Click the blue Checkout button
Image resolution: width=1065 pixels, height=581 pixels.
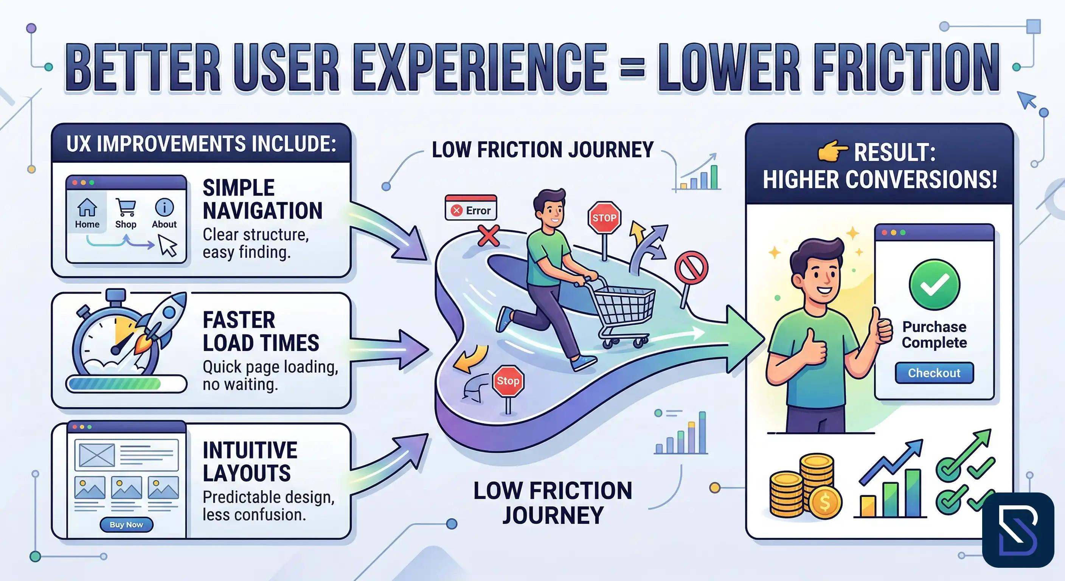(934, 373)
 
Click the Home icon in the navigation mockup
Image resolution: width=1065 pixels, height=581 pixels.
(87, 208)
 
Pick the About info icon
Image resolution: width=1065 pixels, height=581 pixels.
(164, 207)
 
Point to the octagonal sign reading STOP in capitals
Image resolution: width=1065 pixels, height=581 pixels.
(604, 218)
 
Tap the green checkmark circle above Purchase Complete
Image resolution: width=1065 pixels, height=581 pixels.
(934, 284)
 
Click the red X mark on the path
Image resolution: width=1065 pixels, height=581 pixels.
(488, 236)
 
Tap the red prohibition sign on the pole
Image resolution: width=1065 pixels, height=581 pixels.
(691, 267)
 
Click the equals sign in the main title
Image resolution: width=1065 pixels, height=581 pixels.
(633, 68)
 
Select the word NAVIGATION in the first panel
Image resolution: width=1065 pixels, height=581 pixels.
(262, 211)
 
